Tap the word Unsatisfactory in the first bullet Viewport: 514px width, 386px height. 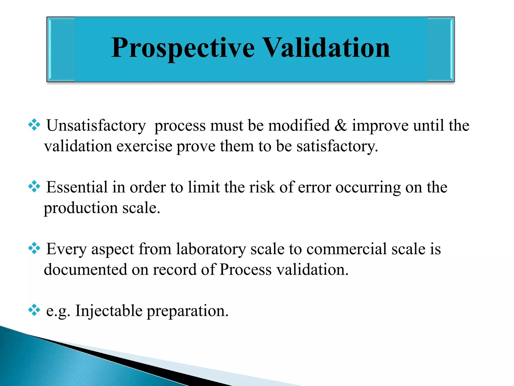tap(96, 125)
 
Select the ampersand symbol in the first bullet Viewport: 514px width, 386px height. tap(341, 125)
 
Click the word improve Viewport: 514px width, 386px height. tap(380, 126)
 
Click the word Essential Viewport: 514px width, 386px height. tap(77, 187)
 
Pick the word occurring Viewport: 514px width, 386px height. tap(368, 188)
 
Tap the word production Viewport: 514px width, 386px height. tap(81, 208)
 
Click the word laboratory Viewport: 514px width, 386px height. tap(211, 249)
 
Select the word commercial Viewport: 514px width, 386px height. tap(347, 249)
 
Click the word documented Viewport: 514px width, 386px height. tap(85, 270)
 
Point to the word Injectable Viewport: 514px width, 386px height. tap(109, 311)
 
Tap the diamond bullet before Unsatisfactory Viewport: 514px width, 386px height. tap(34, 125)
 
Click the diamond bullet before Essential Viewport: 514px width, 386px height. tap(34, 187)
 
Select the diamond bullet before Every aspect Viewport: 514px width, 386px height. tap(34, 249)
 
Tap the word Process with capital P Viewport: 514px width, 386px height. tap(245, 270)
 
